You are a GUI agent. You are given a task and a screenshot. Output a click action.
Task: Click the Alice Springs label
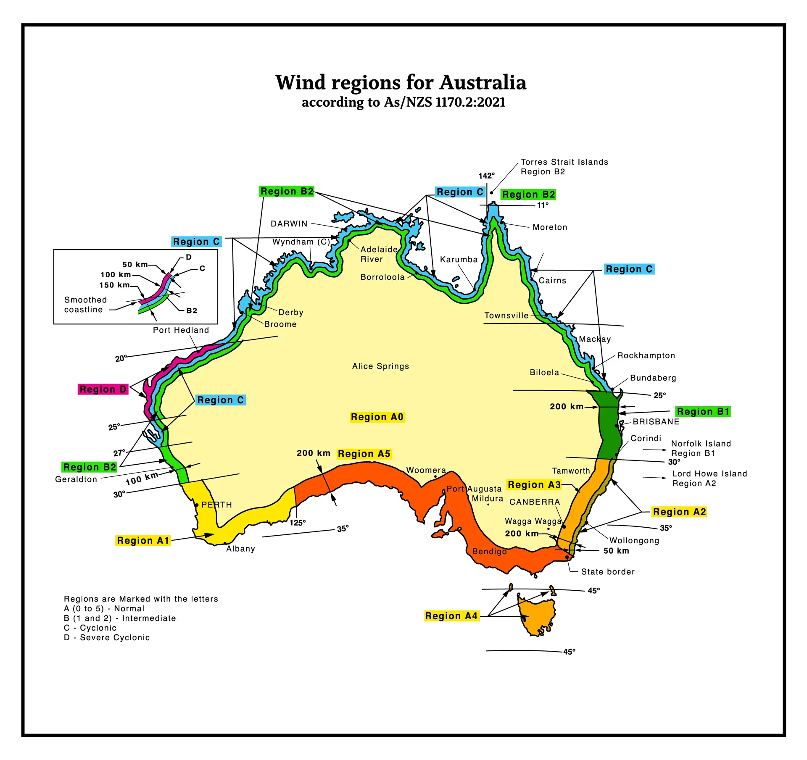(x=380, y=366)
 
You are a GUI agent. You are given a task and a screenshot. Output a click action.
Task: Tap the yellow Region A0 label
(x=377, y=417)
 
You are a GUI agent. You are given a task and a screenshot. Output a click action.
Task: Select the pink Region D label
(x=103, y=389)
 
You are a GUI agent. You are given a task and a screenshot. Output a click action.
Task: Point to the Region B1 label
(x=703, y=412)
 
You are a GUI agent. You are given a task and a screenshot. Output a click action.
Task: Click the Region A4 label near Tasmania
(x=451, y=616)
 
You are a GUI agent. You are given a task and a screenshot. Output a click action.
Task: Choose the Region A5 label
(x=364, y=454)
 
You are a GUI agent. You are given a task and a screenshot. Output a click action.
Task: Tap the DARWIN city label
(x=289, y=224)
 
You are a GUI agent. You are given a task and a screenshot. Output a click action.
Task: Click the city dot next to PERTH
(x=196, y=505)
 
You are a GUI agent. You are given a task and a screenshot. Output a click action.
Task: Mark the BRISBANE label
(x=656, y=422)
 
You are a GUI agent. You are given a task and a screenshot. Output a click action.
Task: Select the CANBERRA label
(x=535, y=502)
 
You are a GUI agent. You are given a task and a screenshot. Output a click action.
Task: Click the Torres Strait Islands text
(x=564, y=162)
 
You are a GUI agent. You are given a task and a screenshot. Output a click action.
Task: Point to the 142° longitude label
(x=486, y=176)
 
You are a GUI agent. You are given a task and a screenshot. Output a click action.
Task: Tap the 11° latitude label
(x=543, y=205)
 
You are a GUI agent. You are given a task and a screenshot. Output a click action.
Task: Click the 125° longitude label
(x=298, y=523)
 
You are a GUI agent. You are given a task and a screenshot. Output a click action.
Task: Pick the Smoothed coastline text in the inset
(x=85, y=305)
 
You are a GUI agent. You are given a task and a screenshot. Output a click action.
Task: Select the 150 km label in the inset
(x=114, y=285)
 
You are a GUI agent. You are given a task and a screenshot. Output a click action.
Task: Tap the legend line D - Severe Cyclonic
(x=107, y=638)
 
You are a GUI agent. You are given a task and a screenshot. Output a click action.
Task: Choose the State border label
(x=608, y=572)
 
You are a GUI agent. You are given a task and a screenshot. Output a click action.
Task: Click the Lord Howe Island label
(x=709, y=474)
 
